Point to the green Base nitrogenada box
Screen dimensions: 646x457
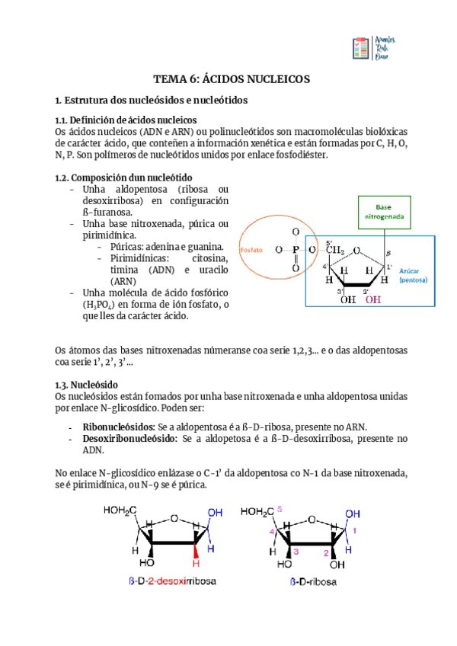[385, 212]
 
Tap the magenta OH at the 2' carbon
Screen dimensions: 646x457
[373, 299]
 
